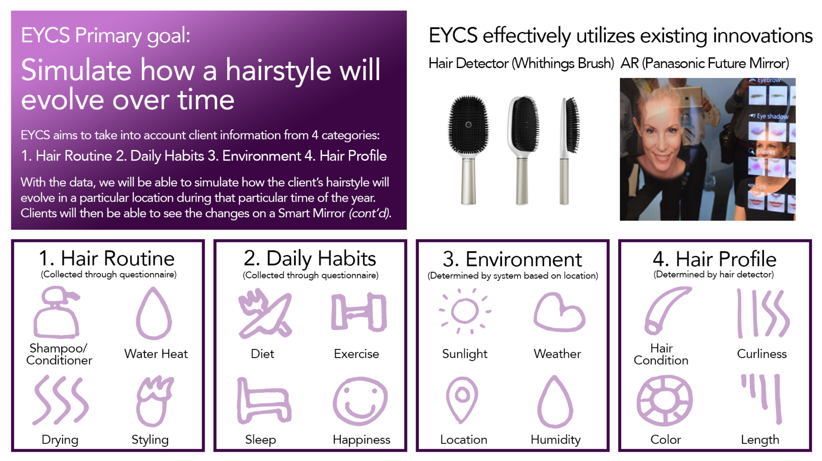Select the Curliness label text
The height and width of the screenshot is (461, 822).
pos(762,354)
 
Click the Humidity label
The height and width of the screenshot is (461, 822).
pos(555,440)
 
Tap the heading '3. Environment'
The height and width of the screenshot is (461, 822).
pos(513,259)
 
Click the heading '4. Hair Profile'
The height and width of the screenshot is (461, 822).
pos(715,259)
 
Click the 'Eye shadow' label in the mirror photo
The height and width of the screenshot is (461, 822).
pos(772,116)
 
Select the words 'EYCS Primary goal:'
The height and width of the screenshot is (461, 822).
pos(106,36)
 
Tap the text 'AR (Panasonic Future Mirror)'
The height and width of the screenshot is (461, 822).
pos(705,63)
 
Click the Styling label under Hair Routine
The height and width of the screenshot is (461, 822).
pos(150,440)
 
